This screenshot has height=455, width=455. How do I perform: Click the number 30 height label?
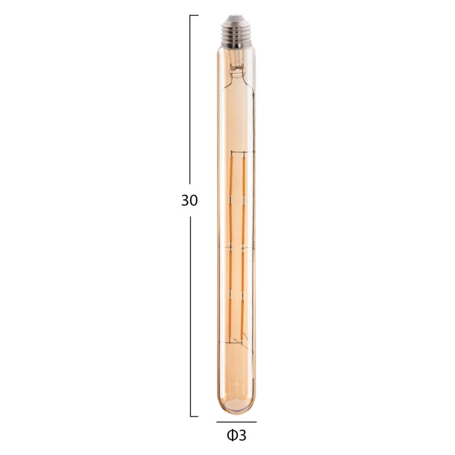189,200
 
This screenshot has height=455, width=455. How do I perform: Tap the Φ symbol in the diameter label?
232,436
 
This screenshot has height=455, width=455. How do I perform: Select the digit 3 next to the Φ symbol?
243,436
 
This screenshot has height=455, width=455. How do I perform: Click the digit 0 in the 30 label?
194,200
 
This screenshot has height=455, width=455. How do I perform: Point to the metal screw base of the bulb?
236,31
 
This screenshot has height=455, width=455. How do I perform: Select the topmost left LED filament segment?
231,176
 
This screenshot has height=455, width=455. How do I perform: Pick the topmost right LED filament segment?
244,176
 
